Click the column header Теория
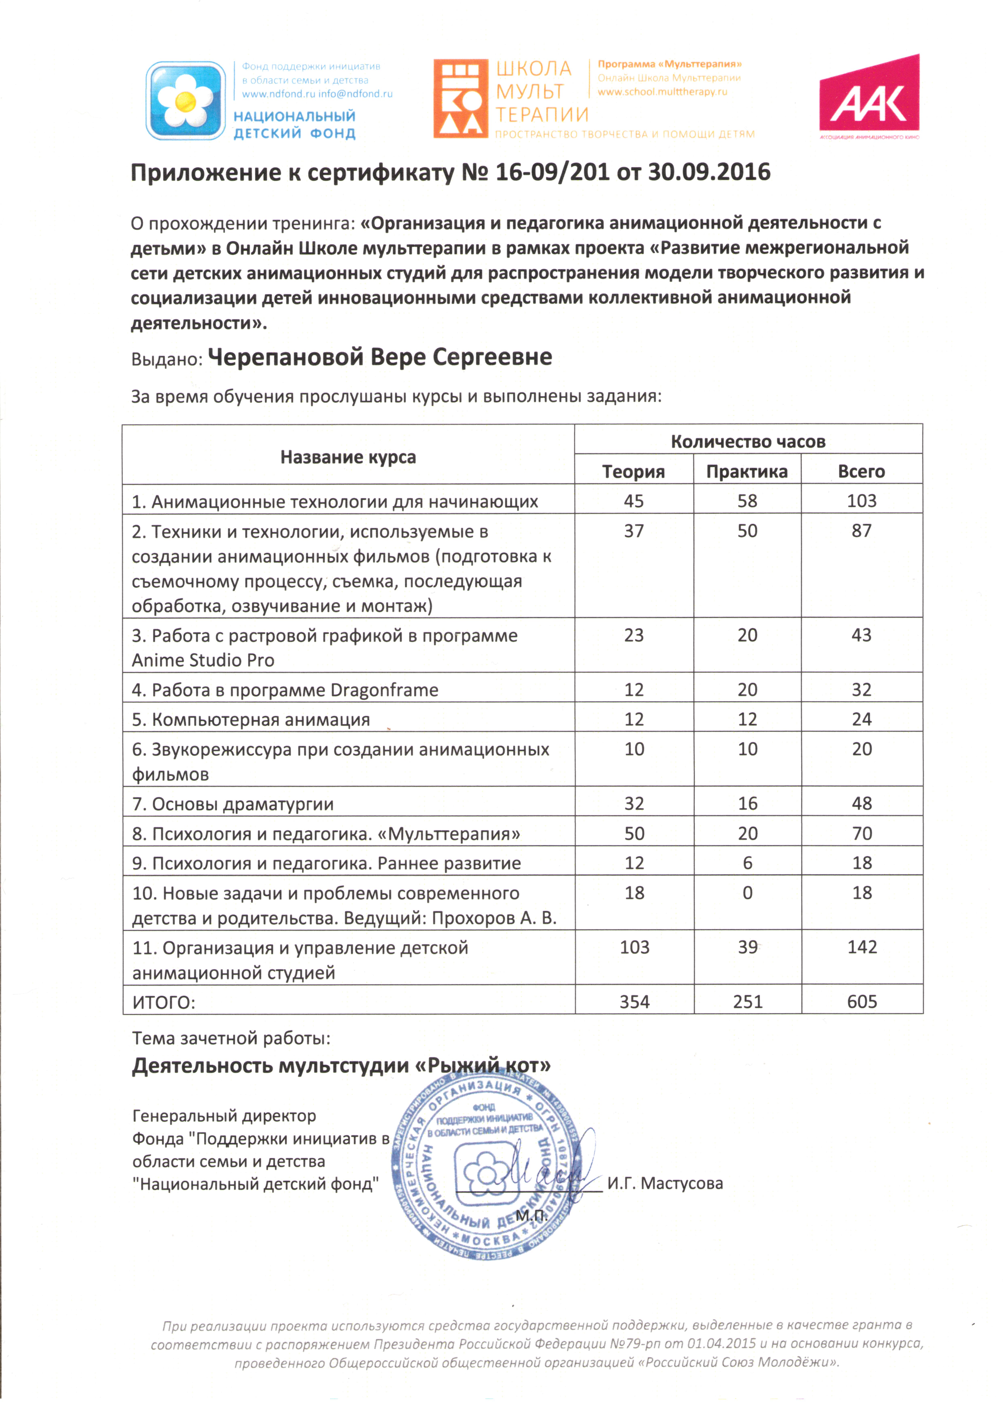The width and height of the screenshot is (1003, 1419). tap(633, 472)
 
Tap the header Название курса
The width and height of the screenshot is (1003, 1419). tap(348, 457)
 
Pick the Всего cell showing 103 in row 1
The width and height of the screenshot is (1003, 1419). tap(861, 501)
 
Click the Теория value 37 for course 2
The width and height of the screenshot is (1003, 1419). tap(633, 531)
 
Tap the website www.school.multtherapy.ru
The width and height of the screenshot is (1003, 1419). tap(662, 92)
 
